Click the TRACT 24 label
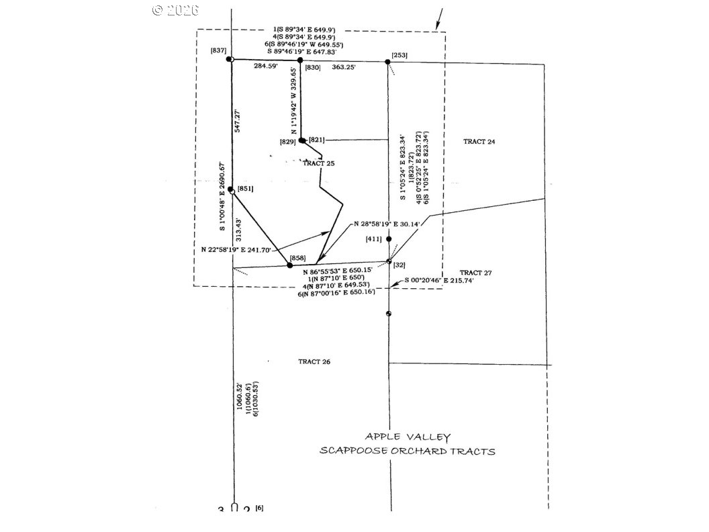pos(479,141)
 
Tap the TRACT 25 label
pos(318,163)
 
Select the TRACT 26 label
pos(314,362)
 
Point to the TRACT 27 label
pos(477,273)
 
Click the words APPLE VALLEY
pos(408,437)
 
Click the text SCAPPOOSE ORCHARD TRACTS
pos(408,451)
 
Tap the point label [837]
pos(218,51)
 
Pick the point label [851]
pos(245,189)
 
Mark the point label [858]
pos(297,258)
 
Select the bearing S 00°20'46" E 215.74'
pos(440,281)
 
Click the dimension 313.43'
pos(238,230)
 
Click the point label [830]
pos(313,67)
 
